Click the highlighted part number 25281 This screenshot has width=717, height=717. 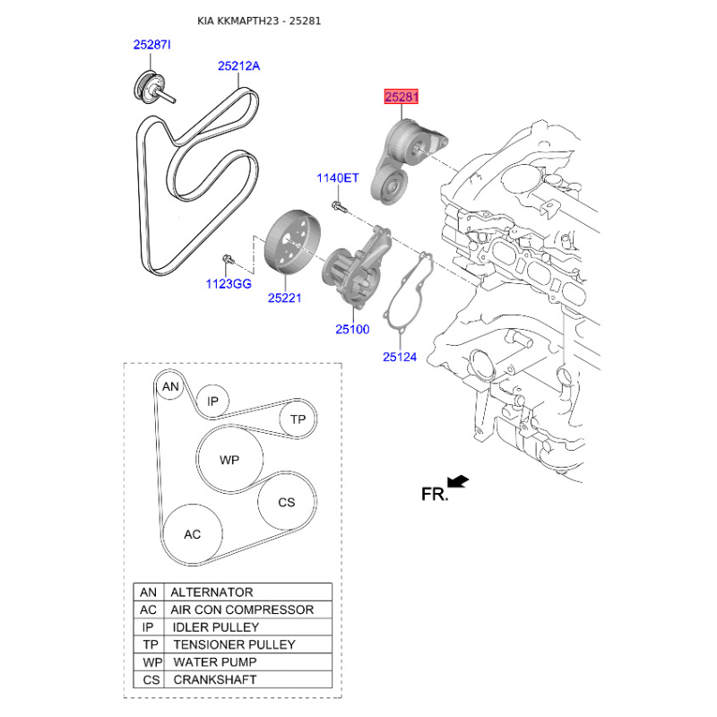401,97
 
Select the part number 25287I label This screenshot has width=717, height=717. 151,45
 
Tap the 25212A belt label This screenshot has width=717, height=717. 238,66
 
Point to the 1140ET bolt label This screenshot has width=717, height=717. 338,177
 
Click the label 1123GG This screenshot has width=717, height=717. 229,284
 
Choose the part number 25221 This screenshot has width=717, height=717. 284,298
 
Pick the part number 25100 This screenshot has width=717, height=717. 352,329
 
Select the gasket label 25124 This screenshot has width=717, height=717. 400,357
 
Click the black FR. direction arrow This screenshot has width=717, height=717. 458,482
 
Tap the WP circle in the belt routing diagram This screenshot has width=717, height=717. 229,460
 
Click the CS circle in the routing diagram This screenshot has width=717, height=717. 287,502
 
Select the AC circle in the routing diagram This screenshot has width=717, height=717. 193,534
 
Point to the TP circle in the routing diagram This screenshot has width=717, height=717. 298,419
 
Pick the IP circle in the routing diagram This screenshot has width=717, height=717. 212,401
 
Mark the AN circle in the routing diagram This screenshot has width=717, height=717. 170,386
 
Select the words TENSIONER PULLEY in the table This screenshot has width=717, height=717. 235,644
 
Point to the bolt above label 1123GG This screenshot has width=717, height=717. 229,261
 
